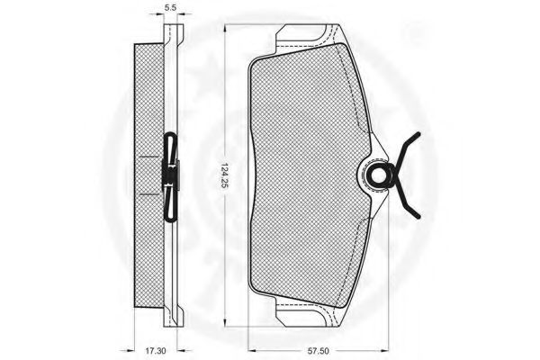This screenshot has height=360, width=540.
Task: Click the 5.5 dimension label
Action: click(170, 7)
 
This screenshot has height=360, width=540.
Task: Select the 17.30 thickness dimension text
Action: click(155, 351)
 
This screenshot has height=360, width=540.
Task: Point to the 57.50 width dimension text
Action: click(319, 351)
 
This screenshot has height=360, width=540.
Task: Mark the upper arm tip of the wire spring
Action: click(418, 133)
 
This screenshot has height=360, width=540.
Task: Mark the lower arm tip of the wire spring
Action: click(418, 217)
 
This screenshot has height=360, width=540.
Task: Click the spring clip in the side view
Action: click(170, 176)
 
